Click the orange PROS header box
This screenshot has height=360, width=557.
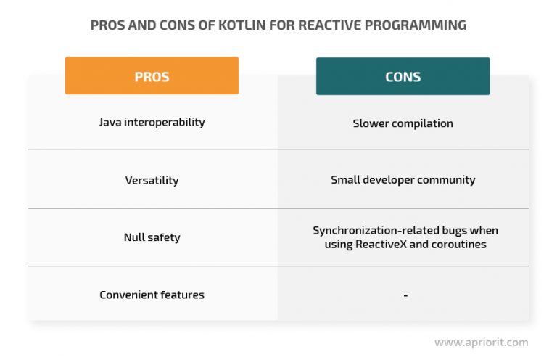point(152,75)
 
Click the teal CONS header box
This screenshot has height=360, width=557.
point(403,76)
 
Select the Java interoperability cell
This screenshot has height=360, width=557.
point(152,122)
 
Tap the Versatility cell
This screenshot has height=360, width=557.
point(152,180)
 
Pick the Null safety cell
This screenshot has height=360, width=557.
point(152,237)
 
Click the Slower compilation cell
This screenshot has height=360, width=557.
point(403,123)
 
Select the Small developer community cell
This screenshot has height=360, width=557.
point(403,180)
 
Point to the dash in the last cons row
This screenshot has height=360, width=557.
point(405,295)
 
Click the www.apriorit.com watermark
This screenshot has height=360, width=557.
point(482,343)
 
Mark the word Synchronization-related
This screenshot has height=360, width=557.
point(376,230)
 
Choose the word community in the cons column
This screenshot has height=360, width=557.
point(446,180)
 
